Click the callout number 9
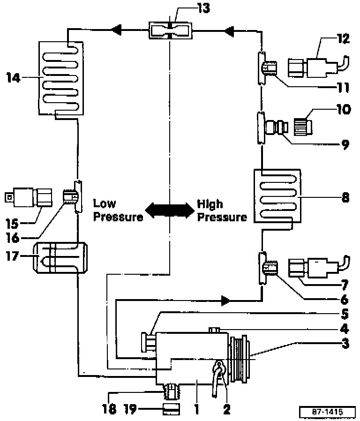click(345, 144)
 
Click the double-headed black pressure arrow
click(169, 210)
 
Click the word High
click(210, 204)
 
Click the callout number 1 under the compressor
click(197, 409)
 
